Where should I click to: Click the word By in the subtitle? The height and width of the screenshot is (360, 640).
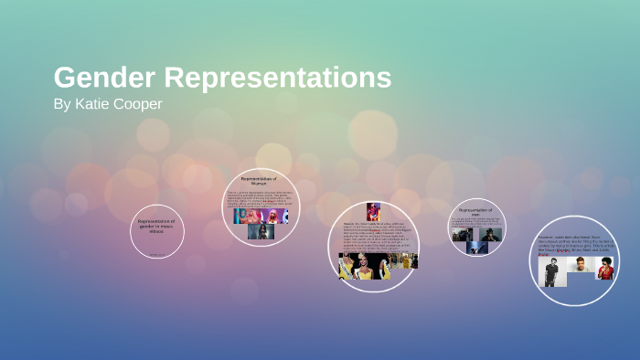point(61,104)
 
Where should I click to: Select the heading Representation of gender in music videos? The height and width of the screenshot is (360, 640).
point(156,226)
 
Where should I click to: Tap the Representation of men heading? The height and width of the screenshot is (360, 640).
point(476,212)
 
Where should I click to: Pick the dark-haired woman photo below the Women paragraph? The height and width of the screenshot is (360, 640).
point(261,230)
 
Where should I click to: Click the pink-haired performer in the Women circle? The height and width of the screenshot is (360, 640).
point(272,216)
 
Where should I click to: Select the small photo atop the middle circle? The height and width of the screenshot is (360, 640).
point(373,211)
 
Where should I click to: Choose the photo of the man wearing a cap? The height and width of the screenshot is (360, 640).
point(490,234)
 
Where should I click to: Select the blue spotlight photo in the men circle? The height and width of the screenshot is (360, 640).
point(476,247)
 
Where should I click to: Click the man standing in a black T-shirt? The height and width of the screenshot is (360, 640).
point(550,271)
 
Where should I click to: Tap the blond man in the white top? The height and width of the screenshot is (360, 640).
point(583,266)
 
